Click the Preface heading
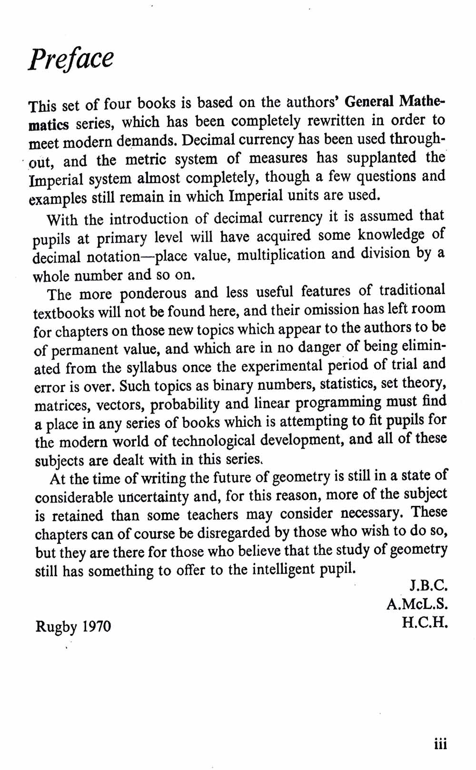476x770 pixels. [70, 58]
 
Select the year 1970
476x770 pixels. [97, 626]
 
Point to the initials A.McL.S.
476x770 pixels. [417, 604]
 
